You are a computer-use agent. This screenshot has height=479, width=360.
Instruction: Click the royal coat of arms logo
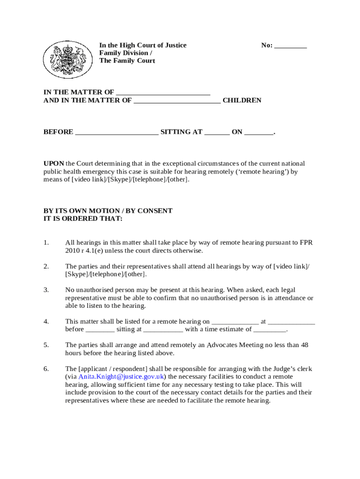tap(65, 59)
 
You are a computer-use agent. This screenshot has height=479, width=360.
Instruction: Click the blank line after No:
tap(290, 46)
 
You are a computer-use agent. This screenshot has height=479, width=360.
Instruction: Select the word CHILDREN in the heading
tap(242, 100)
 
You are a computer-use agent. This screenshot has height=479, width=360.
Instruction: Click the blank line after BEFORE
tap(116, 132)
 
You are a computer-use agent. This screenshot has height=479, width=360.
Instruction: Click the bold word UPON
tap(54, 164)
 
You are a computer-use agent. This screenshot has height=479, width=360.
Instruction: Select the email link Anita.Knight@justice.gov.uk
tap(121, 377)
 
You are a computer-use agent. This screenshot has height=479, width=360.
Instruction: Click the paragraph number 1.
tap(46, 242)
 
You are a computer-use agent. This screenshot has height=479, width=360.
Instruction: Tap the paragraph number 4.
tap(46, 321)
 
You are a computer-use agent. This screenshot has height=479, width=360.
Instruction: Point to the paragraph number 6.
tap(46, 369)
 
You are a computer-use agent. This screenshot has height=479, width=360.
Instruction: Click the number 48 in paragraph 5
tap(304, 345)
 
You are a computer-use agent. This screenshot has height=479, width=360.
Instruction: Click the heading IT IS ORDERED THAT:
tap(83, 218)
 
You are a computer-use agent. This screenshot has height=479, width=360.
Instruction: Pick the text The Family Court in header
tap(127, 61)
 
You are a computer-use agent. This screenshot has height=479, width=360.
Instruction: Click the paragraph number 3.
tap(46, 290)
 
